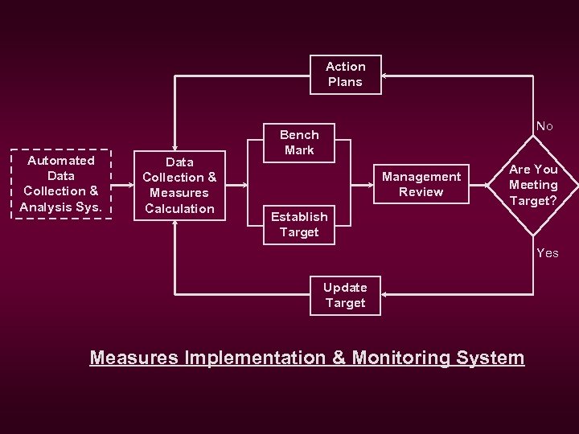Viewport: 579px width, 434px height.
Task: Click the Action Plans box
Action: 346,74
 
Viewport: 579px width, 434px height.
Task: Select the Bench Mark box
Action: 299,142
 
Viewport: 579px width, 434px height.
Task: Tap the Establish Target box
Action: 299,224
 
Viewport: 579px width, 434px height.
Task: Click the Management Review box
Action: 421,184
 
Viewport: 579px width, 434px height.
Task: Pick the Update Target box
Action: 345,295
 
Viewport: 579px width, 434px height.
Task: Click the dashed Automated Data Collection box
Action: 61,183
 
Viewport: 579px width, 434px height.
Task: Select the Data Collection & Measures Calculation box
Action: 179,185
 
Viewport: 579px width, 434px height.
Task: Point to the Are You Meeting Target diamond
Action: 532,185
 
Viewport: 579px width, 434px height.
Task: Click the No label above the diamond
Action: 544,125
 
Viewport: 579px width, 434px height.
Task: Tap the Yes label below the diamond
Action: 547,252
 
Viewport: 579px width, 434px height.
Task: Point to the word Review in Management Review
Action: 421,192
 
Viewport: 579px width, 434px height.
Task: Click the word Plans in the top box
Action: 346,82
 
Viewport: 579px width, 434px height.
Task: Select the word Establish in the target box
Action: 299,216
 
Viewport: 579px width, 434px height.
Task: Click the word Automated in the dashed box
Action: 61,160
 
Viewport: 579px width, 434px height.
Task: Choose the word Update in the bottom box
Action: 345,287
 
